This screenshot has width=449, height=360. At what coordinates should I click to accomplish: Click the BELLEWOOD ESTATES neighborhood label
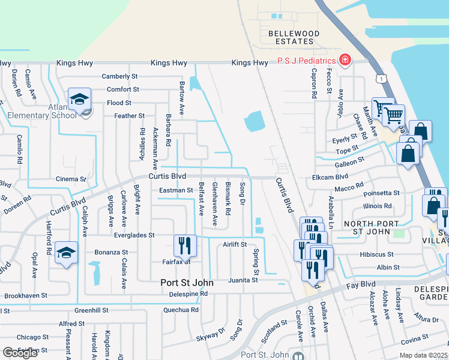[x=291, y=37]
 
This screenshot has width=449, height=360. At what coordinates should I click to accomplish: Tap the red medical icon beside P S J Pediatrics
[x=345, y=60]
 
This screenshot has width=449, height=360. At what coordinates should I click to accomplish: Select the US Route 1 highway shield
[x=380, y=79]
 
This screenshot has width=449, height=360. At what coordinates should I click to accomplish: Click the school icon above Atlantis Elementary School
[x=79, y=100]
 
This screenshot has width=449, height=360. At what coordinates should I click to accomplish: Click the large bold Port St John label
[x=191, y=281]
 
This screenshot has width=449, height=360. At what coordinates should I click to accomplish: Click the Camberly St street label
[x=119, y=76]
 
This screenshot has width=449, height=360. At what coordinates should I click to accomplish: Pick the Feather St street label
[x=129, y=116]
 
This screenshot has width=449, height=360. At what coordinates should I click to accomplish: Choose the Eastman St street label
[x=175, y=190]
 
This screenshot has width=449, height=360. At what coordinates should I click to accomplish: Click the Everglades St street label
[x=135, y=235]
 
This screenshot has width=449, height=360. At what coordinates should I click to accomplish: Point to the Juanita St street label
[x=243, y=280]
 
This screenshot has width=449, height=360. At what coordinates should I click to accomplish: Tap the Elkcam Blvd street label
[x=330, y=178]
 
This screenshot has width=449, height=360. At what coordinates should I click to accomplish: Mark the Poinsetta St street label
[x=381, y=193]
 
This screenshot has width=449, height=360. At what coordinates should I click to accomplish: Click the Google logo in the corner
[x=20, y=353]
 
